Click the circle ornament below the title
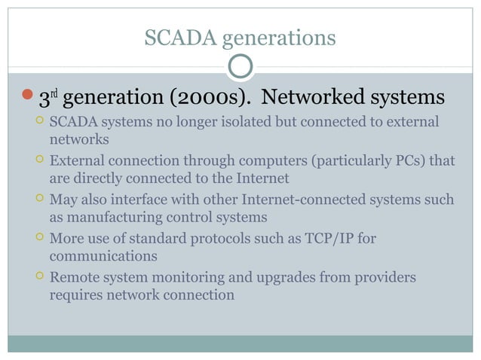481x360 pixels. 240,68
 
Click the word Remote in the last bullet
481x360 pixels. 75,278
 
